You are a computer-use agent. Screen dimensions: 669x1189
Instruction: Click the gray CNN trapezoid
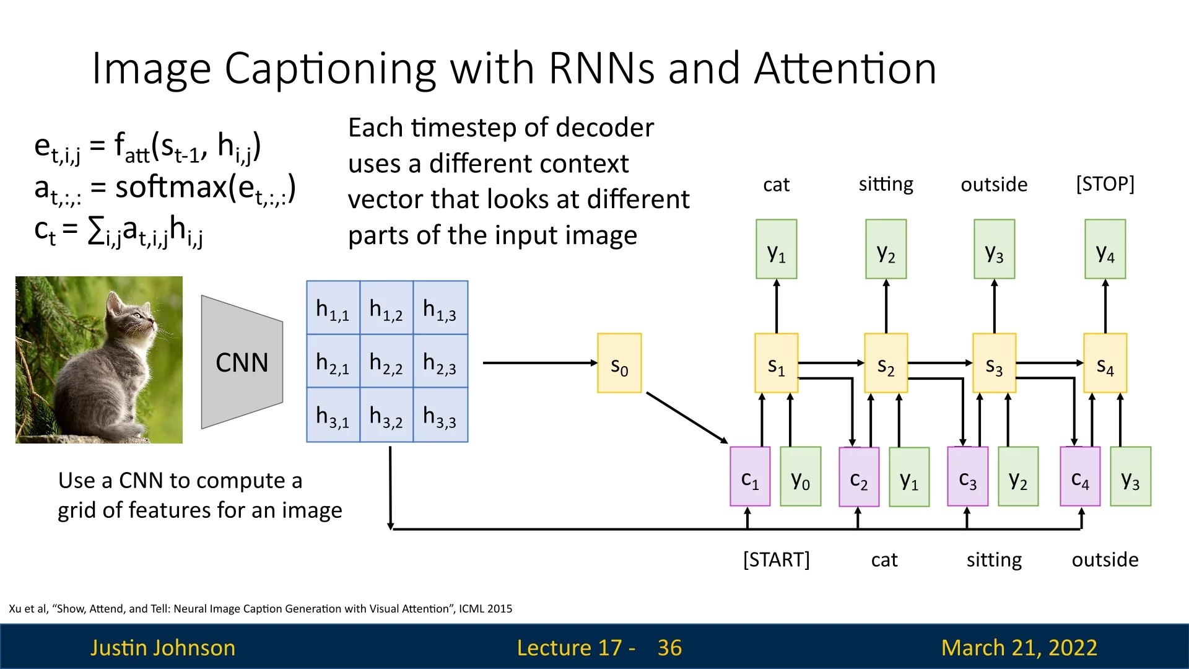pos(242,362)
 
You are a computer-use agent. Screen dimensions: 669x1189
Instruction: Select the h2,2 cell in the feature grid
pos(386,362)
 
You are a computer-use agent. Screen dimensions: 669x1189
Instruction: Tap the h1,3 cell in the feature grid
pos(440,308)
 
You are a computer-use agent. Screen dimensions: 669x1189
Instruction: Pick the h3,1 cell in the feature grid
pos(333,416)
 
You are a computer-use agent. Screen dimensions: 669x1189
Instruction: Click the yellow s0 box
pos(619,364)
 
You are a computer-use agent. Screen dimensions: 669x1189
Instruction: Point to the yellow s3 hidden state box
pos(994,364)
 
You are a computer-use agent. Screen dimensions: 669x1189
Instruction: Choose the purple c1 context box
pos(750,477)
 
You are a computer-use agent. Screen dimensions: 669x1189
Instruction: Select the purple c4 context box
pos(1080,477)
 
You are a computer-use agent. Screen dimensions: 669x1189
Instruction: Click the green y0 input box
pos(801,477)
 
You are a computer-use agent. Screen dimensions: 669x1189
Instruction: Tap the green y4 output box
pos(1105,250)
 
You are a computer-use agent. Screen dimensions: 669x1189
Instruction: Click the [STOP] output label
pos(1105,184)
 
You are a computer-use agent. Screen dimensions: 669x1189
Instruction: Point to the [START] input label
pos(777,560)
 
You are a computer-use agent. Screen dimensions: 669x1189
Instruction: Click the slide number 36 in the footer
pos(669,648)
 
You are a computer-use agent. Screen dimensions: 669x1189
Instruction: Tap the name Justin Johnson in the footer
pos(163,648)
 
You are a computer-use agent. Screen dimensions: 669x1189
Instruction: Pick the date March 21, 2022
pos(1019,648)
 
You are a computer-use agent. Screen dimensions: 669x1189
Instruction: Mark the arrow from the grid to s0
pos(539,363)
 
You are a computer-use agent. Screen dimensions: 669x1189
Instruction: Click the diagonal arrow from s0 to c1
pos(686,417)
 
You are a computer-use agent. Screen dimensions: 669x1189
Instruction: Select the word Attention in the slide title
pos(845,68)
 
